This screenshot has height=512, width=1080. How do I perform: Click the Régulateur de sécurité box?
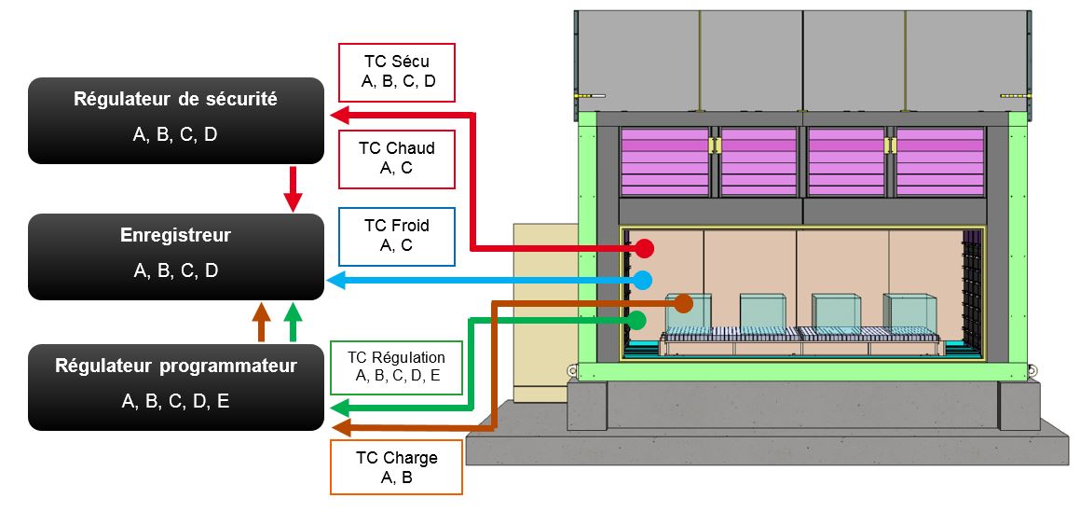[176, 121]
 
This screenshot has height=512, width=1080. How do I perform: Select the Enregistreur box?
[176, 256]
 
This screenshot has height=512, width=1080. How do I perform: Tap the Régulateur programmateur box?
[176, 387]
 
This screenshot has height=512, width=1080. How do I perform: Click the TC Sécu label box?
[398, 72]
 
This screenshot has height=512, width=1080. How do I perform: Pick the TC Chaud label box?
[396, 158]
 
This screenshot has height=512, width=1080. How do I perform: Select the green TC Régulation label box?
[396, 367]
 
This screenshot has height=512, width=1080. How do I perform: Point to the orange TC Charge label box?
[396, 466]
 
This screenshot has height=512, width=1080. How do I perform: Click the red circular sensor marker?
[644, 249]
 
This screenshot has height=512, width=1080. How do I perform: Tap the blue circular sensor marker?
[643, 280]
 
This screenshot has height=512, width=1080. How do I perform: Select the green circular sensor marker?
[637, 320]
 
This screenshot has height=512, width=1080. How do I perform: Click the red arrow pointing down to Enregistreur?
[294, 189]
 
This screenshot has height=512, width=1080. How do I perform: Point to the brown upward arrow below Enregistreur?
[262, 323]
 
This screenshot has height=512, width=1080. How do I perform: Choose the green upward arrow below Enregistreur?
[294, 323]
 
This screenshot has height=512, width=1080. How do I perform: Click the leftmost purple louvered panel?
[663, 161]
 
